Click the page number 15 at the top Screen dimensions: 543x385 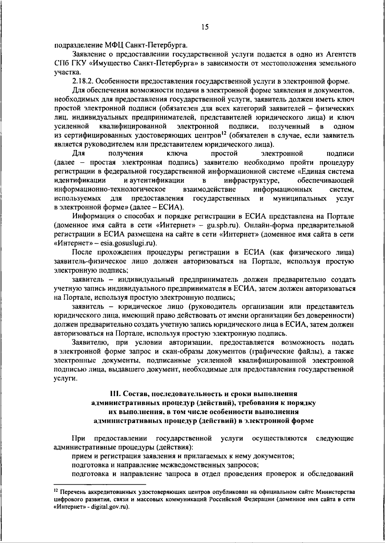[x=205, y=27]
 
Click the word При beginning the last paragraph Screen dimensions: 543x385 [x=78, y=438]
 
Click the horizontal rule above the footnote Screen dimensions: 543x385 [x=100, y=485]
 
